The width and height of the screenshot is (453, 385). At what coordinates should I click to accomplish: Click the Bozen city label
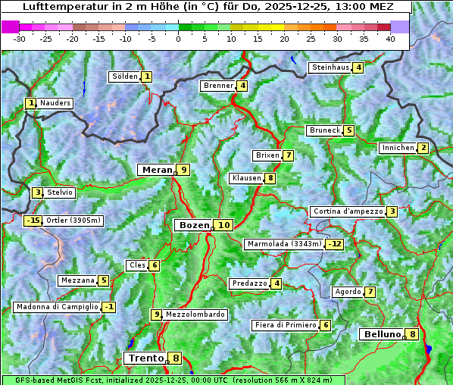click(193, 225)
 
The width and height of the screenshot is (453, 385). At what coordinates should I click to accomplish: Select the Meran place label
click(157, 169)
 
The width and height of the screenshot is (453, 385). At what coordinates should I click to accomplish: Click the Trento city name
click(146, 358)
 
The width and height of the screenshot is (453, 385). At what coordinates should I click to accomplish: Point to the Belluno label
click(381, 334)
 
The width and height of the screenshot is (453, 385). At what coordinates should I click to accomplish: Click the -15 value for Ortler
click(33, 221)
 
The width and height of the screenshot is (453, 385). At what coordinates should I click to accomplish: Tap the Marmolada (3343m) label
click(284, 244)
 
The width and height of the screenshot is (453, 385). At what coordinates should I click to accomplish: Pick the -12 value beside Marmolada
click(334, 244)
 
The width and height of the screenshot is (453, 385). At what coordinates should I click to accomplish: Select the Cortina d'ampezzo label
click(347, 211)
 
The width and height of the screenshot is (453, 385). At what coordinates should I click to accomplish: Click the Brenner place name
click(218, 86)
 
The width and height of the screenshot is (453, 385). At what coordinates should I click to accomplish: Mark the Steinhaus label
click(330, 67)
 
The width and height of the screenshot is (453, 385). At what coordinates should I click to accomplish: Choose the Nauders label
click(55, 103)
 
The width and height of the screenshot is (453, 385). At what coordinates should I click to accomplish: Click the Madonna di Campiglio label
click(57, 307)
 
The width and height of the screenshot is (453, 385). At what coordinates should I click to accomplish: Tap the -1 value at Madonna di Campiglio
click(109, 307)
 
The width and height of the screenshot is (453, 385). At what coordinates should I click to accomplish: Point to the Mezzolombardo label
click(195, 315)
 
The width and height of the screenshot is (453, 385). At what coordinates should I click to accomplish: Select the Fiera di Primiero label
click(285, 325)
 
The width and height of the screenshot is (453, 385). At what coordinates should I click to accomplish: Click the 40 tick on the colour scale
click(390, 38)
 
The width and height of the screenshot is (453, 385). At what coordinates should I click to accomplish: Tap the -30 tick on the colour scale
click(19, 38)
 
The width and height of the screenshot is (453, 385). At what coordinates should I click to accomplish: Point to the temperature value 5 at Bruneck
click(348, 130)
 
